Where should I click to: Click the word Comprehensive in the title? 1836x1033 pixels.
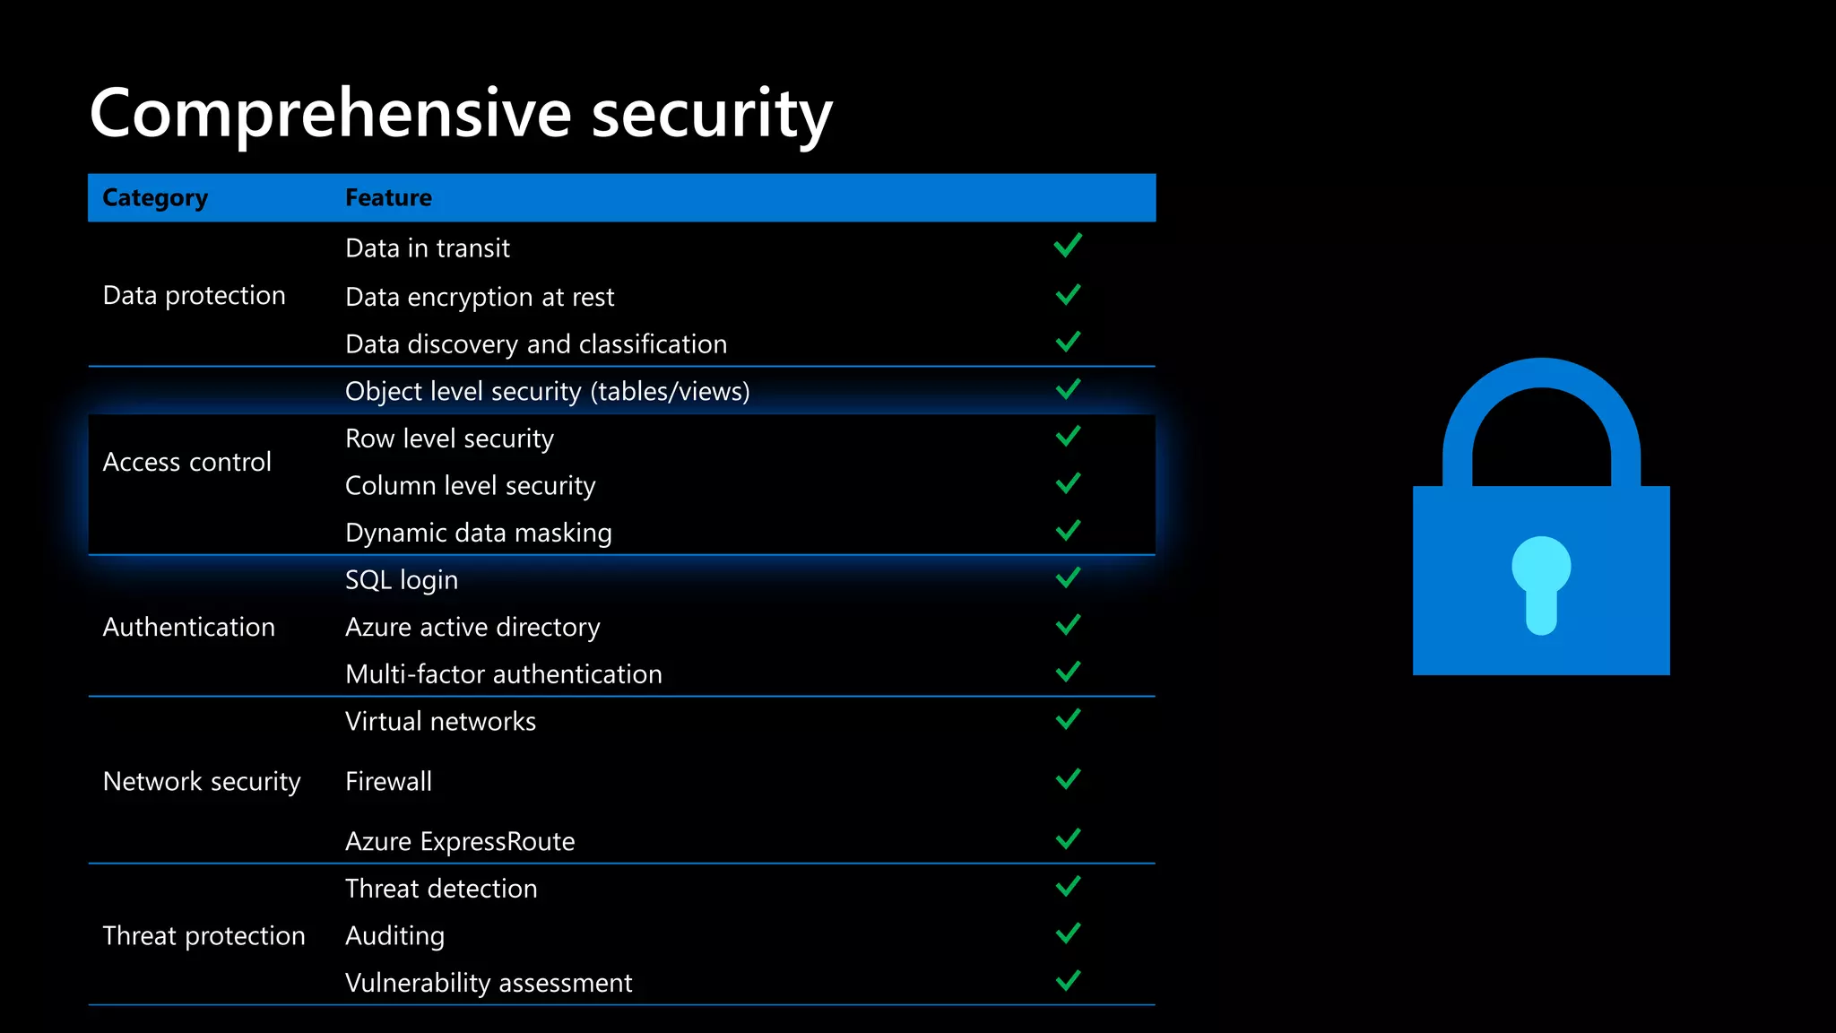(331, 114)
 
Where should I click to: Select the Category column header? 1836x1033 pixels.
(155, 198)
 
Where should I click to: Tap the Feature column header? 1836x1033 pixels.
(388, 198)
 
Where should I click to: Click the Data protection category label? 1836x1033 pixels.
(194, 296)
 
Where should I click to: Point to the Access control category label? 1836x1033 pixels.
(186, 462)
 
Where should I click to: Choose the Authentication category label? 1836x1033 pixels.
(188, 627)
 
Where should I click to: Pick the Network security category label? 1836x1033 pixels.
(202, 781)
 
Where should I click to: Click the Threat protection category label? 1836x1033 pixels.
(204, 935)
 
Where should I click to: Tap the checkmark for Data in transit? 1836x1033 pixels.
(1068, 246)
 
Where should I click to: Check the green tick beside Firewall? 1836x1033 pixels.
(1068, 779)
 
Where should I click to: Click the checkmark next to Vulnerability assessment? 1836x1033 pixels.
(1068, 980)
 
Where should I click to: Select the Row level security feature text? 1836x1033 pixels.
(449, 438)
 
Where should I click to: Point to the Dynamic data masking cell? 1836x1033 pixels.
(478, 533)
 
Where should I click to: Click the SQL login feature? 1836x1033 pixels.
(401, 580)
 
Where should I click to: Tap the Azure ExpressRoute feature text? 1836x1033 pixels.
(460, 841)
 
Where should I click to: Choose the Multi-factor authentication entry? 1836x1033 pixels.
(503, 674)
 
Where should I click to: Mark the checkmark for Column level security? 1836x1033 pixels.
(1068, 484)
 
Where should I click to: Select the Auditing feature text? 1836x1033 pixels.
(394, 935)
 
